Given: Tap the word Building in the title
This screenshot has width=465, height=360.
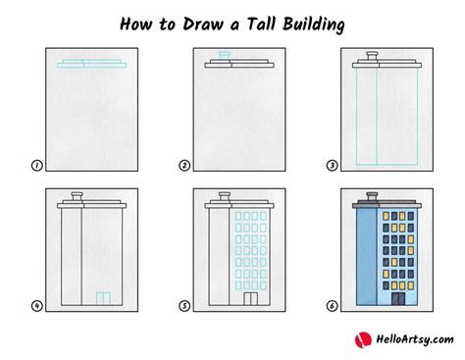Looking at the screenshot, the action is pos(314,25).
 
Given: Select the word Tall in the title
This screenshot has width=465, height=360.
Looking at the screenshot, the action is pos(261,24).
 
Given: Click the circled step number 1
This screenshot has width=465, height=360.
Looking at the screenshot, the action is pos(37,166).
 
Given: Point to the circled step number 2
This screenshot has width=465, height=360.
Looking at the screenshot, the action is pos(184,166).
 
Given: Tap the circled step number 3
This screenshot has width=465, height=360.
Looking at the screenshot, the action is pos(332,166).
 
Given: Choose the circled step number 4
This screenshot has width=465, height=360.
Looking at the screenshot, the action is pos(37,306).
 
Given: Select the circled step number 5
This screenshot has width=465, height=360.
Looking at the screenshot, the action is pos(184,306).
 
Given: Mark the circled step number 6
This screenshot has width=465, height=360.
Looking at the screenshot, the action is pos(332,306).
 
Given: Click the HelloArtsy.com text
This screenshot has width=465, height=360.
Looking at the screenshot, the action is pos(415,339).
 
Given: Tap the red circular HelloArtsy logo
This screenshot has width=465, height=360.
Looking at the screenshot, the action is pos(363,339).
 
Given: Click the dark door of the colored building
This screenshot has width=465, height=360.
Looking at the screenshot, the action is pos(398,299).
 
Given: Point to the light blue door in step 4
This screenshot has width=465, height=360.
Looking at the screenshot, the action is pos(103,299).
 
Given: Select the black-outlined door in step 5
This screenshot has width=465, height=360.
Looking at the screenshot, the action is pos(251,299).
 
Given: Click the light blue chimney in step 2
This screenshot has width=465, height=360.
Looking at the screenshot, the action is pos(225,55).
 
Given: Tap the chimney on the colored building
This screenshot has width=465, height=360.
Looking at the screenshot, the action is pos(372,196).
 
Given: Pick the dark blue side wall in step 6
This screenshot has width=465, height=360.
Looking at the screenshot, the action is pos(367,257).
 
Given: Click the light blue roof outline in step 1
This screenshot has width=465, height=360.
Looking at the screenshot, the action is pos(92,64).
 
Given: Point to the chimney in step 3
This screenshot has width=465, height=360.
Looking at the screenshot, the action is pos(372,56).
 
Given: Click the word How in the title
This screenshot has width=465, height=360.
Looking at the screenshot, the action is pos(136,25).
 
